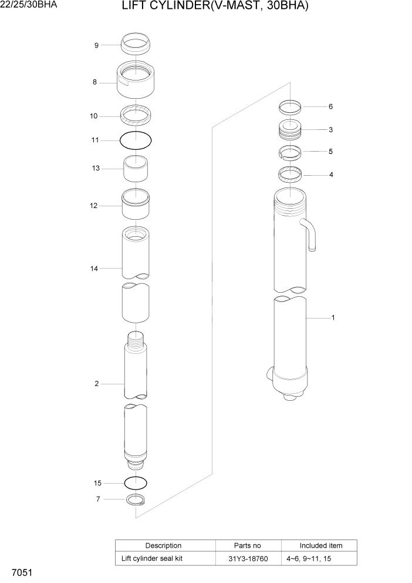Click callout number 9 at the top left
[96, 45]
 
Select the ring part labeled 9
[136, 43]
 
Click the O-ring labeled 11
[136, 140]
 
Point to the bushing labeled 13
[135, 170]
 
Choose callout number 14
[94, 268]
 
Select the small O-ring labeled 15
[136, 483]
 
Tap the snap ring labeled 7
[136, 500]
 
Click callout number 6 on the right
[330, 106]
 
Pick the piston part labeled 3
[289, 129]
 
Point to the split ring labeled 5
[289, 152]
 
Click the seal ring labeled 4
[289, 174]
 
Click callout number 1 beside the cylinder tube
[333, 318]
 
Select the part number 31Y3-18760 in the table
[249, 558]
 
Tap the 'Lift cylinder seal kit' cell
[152, 558]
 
